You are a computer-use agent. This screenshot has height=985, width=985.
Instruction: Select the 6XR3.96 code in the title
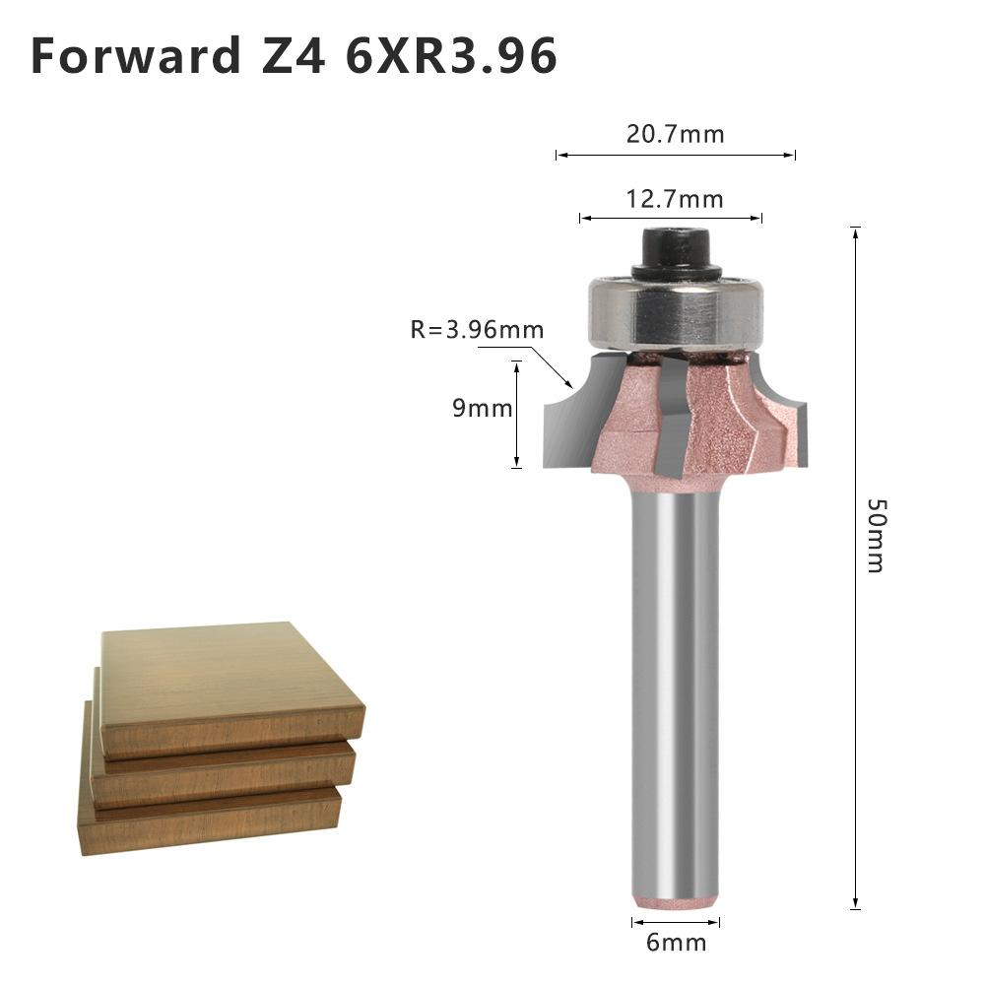tap(451, 56)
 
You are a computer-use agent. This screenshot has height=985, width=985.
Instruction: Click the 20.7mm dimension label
tap(675, 134)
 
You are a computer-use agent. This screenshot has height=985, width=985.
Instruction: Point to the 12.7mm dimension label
tap(675, 200)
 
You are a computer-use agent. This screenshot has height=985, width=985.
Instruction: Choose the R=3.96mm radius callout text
tap(477, 330)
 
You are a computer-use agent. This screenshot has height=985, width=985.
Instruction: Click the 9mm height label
tap(482, 408)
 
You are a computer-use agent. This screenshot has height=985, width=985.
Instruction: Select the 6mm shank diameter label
tap(676, 943)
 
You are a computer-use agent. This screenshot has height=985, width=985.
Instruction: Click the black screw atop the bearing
tap(675, 252)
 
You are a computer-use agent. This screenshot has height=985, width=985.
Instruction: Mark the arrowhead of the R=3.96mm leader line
tap(570, 383)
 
